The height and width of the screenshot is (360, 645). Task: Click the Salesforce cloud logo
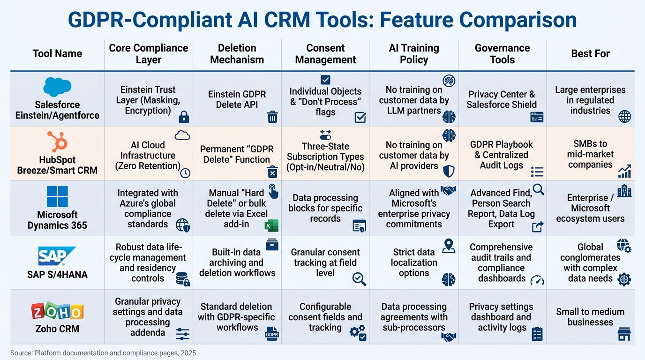click(x=57, y=87)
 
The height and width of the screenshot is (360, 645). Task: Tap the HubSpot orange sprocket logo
click(x=57, y=142)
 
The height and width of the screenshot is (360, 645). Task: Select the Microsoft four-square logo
click(x=57, y=196)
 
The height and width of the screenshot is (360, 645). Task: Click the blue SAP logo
click(x=57, y=256)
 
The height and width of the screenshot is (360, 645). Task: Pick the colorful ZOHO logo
click(x=57, y=311)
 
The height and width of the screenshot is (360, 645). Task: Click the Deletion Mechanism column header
click(x=237, y=54)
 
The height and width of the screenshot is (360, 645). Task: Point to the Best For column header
click(x=590, y=54)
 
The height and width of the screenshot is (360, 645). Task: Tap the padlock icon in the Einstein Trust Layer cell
click(x=184, y=117)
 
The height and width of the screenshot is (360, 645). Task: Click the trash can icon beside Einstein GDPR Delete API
click(x=272, y=117)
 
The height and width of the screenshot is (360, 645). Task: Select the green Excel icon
click(x=271, y=225)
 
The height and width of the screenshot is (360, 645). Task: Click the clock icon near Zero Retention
click(x=185, y=173)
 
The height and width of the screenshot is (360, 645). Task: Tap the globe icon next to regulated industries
click(x=624, y=117)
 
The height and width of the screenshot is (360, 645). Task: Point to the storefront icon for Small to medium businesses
click(x=624, y=334)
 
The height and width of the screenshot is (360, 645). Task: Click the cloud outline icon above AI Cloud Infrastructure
click(x=182, y=135)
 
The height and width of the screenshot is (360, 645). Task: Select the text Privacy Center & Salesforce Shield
click(x=502, y=99)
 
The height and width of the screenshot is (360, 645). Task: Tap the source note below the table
click(x=103, y=353)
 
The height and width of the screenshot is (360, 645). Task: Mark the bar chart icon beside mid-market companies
click(x=624, y=171)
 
